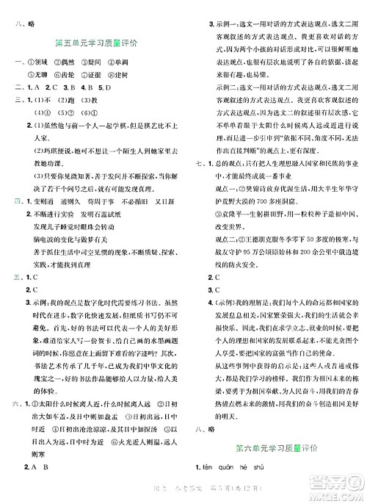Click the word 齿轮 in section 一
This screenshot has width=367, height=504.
click(x=85, y=79)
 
